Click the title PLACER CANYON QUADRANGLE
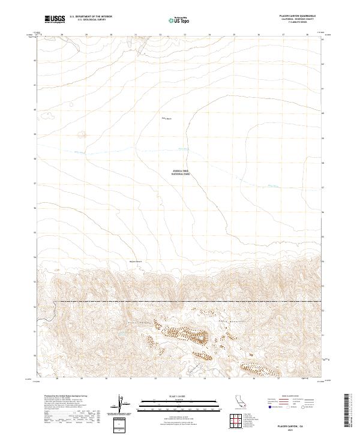(x=301, y=16)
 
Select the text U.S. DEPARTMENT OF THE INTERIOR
(x=91, y=17)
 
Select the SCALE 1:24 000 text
(x=179, y=397)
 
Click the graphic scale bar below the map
(x=179, y=406)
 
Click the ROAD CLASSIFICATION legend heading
(x=301, y=397)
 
